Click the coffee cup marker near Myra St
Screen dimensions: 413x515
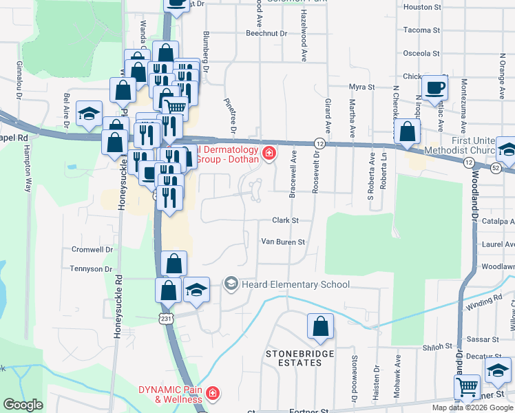click(434, 87)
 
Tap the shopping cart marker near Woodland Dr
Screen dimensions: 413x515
click(468, 388)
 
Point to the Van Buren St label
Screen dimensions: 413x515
click(282, 242)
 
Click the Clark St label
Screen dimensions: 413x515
click(285, 221)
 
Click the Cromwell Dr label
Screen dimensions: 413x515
click(92, 249)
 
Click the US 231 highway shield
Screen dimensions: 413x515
click(165, 318)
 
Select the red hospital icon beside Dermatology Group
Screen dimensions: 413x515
click(269, 153)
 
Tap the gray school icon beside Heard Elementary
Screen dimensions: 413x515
click(231, 284)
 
